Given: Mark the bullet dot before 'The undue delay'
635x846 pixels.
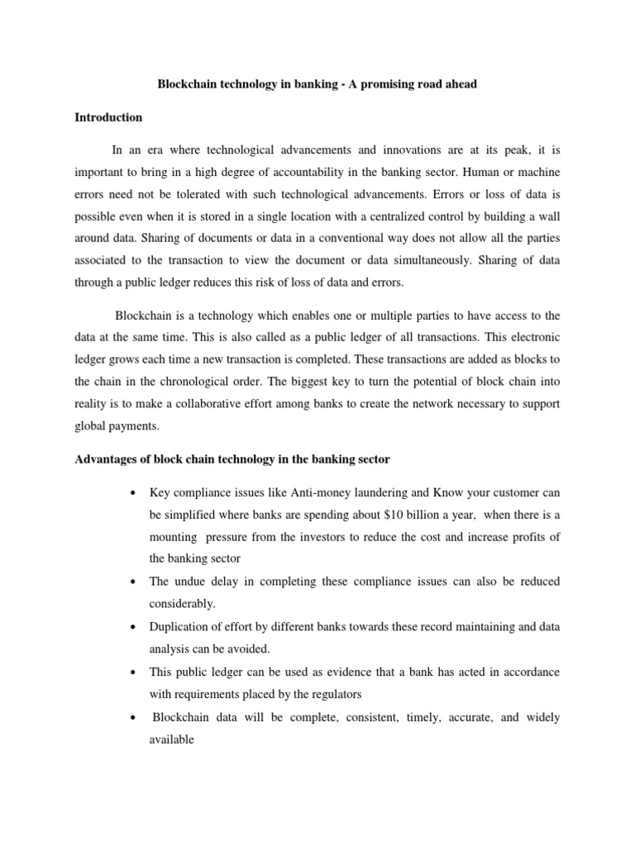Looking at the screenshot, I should click(x=133, y=582).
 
